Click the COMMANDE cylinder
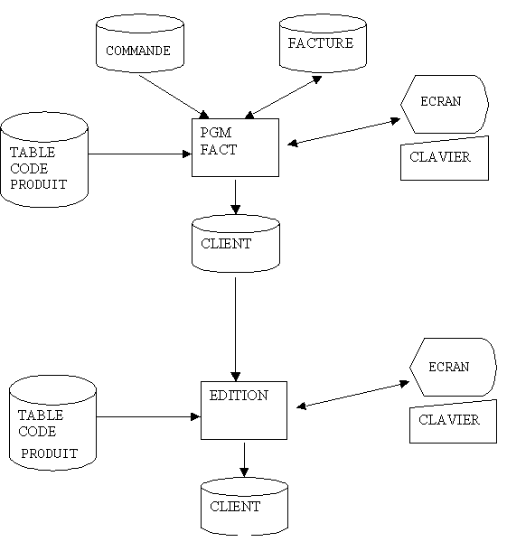point(140,43)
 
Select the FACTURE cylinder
point(323,43)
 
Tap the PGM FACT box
point(235,147)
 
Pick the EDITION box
point(244,410)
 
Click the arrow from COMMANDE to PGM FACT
point(174,97)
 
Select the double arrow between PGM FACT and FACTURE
point(284,97)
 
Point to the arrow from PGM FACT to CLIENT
point(235,197)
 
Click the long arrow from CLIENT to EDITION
point(235,330)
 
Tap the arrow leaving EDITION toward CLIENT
point(244,460)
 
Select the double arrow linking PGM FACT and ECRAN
point(343,132)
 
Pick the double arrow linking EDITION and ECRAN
point(353,395)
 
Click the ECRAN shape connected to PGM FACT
point(445,105)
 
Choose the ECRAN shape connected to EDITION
point(453,368)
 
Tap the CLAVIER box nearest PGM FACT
point(445,159)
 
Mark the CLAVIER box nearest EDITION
point(453,422)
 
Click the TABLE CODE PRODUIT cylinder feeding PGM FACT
point(44,160)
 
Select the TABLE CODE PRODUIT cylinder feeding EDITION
point(52,423)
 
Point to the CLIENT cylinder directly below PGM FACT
point(236,244)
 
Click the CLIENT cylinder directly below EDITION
point(244,507)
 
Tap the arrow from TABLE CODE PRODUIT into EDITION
point(148,416)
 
